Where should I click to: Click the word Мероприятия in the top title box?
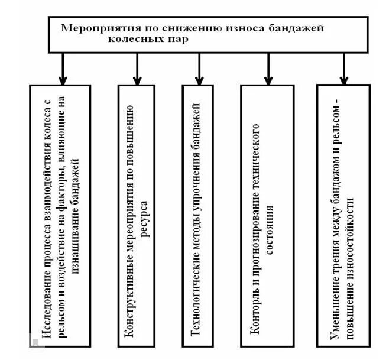(x=96, y=28)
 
